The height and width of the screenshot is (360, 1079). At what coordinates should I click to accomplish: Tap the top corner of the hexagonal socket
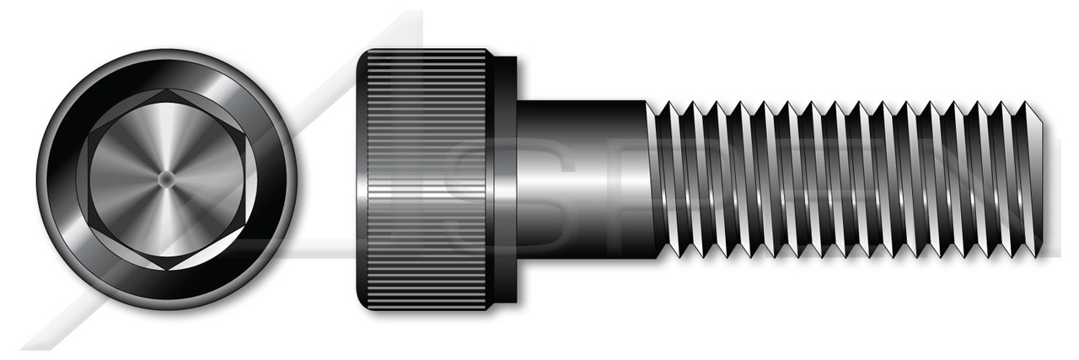point(166,89)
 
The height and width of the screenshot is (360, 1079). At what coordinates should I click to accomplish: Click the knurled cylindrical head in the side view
point(426,126)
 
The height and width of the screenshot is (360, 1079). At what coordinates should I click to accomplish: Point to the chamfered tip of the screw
point(1042,179)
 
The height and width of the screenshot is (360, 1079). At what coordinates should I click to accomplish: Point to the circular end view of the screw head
point(166,179)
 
